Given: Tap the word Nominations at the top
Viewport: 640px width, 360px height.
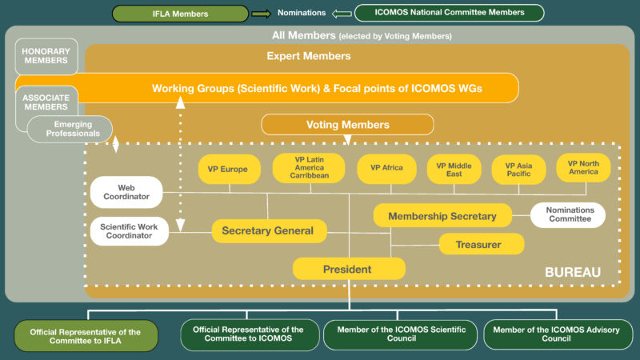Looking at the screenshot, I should (302, 13).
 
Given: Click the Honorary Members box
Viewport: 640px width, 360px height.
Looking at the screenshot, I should (46, 56).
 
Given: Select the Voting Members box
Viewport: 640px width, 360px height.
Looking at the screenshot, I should (347, 125).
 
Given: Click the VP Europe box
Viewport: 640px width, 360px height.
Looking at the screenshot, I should (229, 169).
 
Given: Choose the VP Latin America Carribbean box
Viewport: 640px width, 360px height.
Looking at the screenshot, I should (309, 168).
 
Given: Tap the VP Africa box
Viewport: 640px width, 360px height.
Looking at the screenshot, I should (390, 169).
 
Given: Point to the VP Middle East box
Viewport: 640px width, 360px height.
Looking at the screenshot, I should (454, 169).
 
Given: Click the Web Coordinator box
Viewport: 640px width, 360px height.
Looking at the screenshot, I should (126, 192).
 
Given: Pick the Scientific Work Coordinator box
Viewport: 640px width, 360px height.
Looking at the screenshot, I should (129, 230).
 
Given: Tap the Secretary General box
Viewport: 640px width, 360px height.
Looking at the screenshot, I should (269, 231).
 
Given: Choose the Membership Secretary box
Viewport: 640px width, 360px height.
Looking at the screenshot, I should (442, 216).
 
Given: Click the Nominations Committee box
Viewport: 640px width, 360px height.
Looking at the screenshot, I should (568, 214).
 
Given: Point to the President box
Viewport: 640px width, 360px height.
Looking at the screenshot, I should (348, 270).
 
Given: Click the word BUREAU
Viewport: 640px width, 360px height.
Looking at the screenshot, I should (572, 273).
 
